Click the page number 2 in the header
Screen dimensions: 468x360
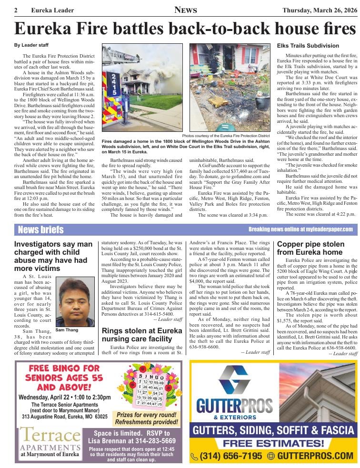(x=16, y=10)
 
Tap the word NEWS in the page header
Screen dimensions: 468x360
(x=186, y=10)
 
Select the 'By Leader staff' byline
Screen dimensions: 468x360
(x=31, y=45)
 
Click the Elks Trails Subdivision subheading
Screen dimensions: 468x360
(x=308, y=46)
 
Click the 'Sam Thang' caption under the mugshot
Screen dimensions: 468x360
(x=68, y=330)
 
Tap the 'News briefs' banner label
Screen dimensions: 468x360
(x=40, y=230)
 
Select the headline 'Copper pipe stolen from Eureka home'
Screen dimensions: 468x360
(x=310, y=248)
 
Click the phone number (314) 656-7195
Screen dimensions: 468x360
(x=227, y=456)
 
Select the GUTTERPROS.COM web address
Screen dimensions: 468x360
(x=314, y=456)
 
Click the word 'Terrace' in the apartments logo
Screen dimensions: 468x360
(x=50, y=435)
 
